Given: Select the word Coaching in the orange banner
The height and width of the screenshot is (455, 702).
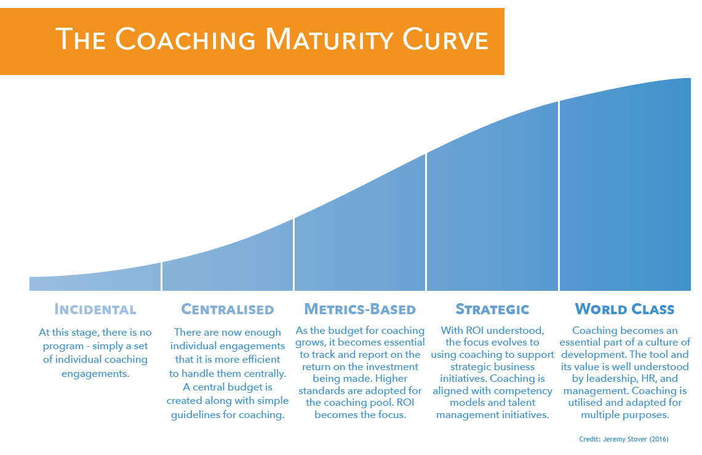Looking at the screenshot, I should (x=185, y=41).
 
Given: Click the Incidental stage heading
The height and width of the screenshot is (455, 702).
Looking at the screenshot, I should (x=95, y=309).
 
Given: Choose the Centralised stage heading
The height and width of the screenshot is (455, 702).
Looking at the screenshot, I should (x=228, y=309).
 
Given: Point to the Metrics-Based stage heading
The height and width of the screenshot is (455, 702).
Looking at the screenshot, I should (x=360, y=309).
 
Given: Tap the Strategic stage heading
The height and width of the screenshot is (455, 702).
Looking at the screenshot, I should (x=492, y=309).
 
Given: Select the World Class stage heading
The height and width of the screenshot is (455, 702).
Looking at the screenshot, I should (x=624, y=309).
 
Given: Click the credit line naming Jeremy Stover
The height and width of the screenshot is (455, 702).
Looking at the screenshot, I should (x=623, y=439).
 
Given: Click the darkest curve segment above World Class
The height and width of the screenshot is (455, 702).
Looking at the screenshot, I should (x=624, y=184).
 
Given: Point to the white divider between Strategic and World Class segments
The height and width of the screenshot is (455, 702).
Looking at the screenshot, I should (x=559, y=197).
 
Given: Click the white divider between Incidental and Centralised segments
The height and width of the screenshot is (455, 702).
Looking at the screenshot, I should (x=161, y=277).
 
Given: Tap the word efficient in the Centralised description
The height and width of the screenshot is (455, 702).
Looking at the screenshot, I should (x=257, y=359).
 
